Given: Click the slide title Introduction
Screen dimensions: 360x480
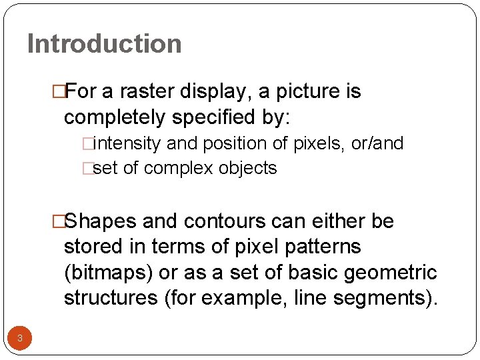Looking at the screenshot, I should click(x=104, y=44).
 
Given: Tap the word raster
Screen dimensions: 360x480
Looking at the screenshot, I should click(x=147, y=91).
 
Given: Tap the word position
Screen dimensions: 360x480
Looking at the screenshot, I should click(x=229, y=143).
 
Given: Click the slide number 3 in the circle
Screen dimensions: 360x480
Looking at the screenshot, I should click(x=20, y=338).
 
